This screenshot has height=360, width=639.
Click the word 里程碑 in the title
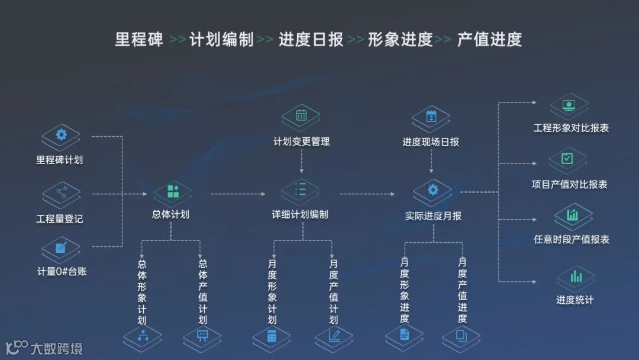pyautogui.click(x=139, y=40)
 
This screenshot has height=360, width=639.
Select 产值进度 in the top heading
pyautogui.click(x=489, y=40)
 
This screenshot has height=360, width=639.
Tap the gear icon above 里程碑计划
pyautogui.click(x=61, y=135)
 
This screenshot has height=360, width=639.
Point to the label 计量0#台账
pyautogui.click(x=62, y=272)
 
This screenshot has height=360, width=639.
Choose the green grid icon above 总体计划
pyautogui.click(x=173, y=191)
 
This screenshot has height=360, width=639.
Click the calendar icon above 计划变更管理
pyautogui.click(x=301, y=115)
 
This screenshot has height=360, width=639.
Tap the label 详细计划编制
pyautogui.click(x=300, y=214)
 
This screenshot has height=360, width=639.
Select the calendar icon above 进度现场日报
pyautogui.click(x=431, y=116)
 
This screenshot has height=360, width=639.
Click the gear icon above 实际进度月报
pyautogui.click(x=433, y=189)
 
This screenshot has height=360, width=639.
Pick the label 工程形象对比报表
pyautogui.click(x=571, y=128)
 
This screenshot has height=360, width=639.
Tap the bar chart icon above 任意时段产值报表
pyautogui.click(x=572, y=215)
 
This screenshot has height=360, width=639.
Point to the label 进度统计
pyautogui.click(x=575, y=300)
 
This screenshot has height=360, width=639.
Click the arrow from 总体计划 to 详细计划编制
pyautogui.click(x=237, y=194)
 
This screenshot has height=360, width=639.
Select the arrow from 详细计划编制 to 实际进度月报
pyautogui.click(x=367, y=194)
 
